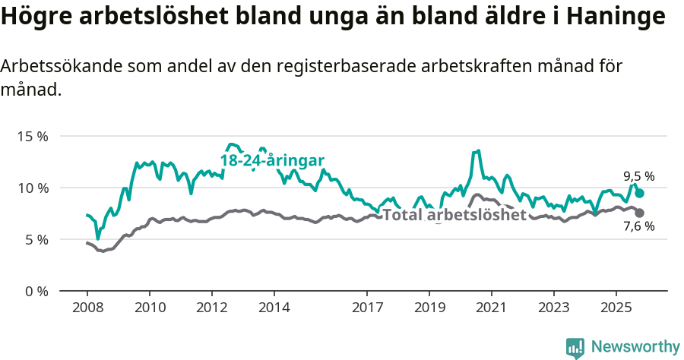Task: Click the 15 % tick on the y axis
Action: tap(32, 137)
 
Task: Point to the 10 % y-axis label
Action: tap(32, 188)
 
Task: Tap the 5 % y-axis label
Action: tap(35, 239)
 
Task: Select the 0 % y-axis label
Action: tap(35, 291)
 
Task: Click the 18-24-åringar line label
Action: tap(273, 160)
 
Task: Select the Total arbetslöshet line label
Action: tap(454, 214)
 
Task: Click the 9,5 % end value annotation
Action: tap(639, 176)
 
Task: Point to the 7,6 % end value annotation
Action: tap(639, 226)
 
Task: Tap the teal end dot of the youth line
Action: tap(640, 194)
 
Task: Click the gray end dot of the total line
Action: tap(640, 213)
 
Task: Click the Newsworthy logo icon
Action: tap(575, 348)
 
